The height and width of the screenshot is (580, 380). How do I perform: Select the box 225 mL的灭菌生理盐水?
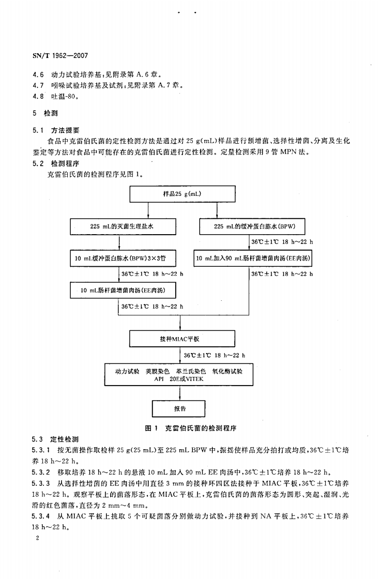(x=119, y=226)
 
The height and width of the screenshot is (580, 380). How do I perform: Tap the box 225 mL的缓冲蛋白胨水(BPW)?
(x=253, y=226)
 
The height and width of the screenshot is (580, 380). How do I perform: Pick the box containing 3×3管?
(x=119, y=257)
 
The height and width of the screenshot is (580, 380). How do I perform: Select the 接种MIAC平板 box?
(x=179, y=339)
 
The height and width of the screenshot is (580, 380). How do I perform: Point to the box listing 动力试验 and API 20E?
(x=179, y=375)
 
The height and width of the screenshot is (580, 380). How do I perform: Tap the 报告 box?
(x=179, y=408)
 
